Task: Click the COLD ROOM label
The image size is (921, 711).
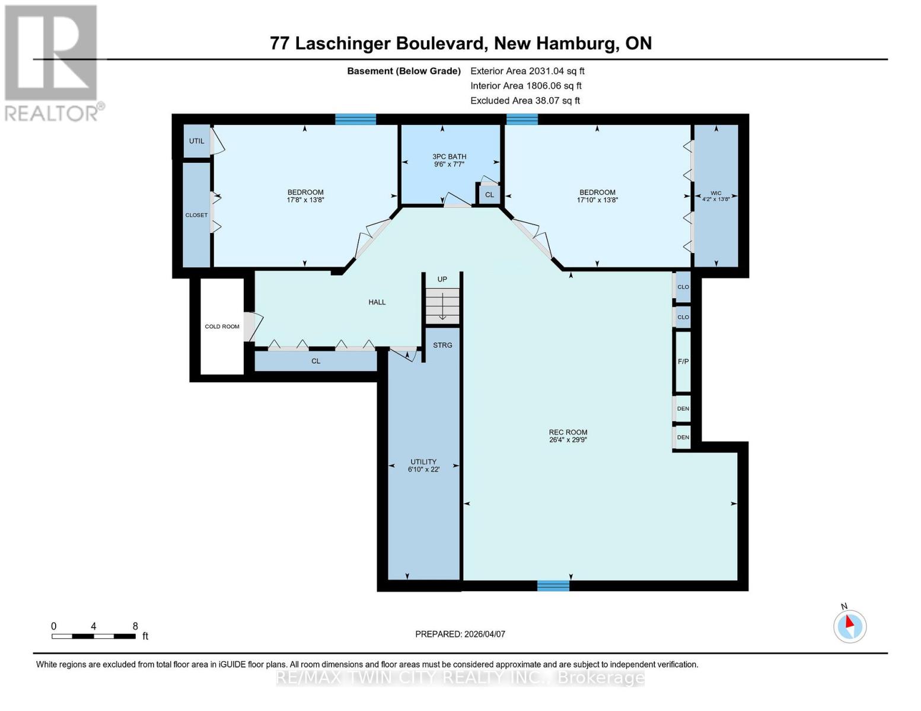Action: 222,326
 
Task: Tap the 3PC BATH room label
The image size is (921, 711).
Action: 449,161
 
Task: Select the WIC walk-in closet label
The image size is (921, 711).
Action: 716,196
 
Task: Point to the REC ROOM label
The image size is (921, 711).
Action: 568,436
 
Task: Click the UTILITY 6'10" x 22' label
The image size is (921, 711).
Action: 423,466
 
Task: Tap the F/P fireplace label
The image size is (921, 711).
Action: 683,361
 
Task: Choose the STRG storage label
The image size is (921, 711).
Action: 442,345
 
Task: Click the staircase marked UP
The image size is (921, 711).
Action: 442,305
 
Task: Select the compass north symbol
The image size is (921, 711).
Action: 849,625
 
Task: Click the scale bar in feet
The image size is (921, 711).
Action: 93,636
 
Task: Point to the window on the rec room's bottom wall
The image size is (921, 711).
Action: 553,586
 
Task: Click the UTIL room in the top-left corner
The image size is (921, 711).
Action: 196,141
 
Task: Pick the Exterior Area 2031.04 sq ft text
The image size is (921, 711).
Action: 527,71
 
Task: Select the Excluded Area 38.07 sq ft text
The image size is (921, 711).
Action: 525,101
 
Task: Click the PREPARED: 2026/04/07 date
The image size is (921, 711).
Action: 460,634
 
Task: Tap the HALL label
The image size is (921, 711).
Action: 377,302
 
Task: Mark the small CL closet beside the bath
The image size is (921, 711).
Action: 489,194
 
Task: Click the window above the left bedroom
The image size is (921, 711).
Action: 355,119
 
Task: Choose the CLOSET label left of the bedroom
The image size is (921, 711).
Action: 196,215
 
